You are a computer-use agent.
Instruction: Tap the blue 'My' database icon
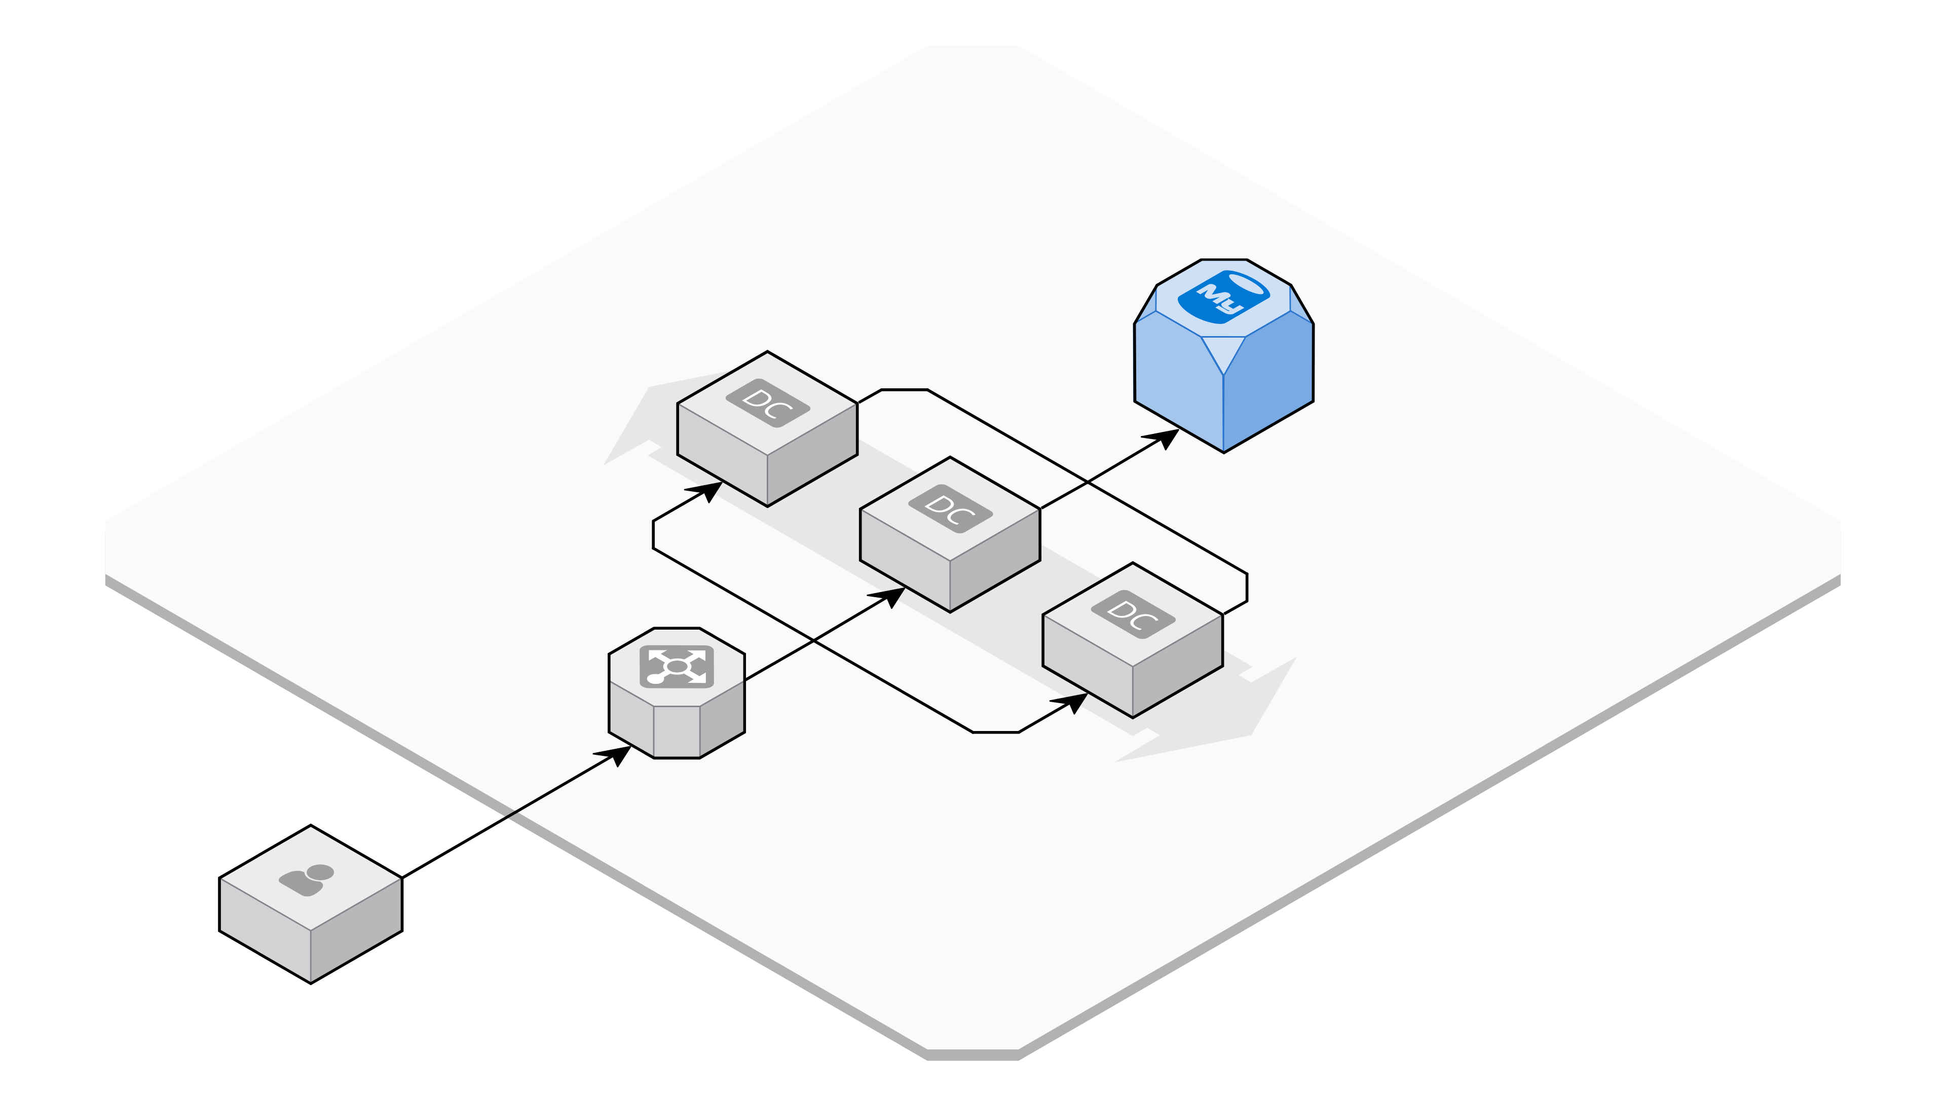[1224, 297]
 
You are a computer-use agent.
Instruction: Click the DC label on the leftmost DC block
[768, 404]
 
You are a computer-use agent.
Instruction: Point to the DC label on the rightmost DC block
[1133, 614]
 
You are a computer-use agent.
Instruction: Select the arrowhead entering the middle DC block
[888, 597]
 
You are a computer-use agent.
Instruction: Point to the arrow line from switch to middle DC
[825, 634]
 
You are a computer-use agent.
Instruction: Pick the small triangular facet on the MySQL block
[1223, 351]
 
